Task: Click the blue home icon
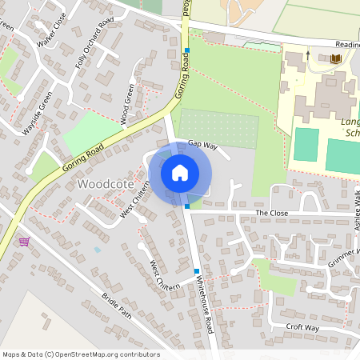click(180, 172)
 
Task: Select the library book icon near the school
click(335, 58)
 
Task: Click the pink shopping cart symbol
click(25, 241)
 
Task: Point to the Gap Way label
click(203, 144)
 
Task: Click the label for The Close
click(271, 214)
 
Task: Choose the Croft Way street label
click(302, 328)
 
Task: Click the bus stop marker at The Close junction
click(187, 206)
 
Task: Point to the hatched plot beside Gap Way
click(218, 128)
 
